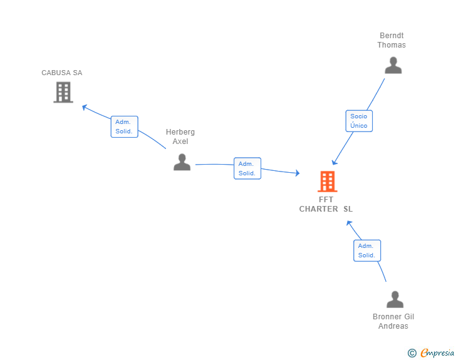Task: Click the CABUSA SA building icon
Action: coord(63,92)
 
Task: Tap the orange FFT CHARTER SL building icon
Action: coord(328,182)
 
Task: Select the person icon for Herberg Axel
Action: coord(182,162)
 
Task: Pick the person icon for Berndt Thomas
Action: coord(393,65)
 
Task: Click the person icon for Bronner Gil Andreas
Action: coord(395,299)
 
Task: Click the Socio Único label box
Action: coord(359,121)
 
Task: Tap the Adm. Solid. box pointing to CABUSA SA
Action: coord(124,127)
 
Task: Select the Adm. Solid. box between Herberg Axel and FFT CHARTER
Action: coord(247,168)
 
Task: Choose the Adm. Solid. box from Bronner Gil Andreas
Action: coord(367,250)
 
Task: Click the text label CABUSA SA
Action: coord(61,73)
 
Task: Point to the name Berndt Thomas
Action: coord(391,40)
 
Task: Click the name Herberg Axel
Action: coord(180,136)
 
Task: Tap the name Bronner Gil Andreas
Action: coord(393,321)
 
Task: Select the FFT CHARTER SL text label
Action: coord(326,204)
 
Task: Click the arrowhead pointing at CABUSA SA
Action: coord(85,107)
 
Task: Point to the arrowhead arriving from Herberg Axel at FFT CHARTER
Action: coord(297,173)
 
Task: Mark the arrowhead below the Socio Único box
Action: coord(334,162)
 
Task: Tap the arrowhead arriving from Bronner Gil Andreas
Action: coord(349,223)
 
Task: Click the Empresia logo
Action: coord(437,352)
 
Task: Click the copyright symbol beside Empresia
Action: coord(412,353)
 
